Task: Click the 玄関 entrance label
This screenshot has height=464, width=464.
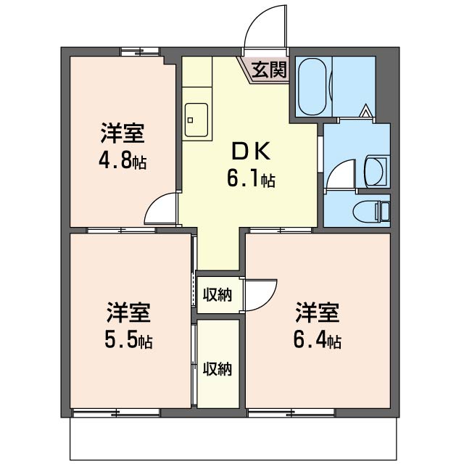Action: tap(269, 70)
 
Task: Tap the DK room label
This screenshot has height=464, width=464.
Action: tap(251, 151)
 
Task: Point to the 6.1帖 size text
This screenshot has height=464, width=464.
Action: tap(251, 178)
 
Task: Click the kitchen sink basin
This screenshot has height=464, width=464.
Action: tap(196, 120)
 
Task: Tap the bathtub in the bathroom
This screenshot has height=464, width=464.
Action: tap(312, 87)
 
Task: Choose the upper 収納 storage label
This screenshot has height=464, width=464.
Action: tap(217, 295)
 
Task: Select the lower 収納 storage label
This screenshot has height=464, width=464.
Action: tap(217, 369)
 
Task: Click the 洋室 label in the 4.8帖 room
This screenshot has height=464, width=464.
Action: tap(123, 133)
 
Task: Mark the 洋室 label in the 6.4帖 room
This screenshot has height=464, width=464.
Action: tap(317, 312)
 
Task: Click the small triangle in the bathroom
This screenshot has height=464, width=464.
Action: tap(366, 110)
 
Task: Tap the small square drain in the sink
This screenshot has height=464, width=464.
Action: tap(190, 120)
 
